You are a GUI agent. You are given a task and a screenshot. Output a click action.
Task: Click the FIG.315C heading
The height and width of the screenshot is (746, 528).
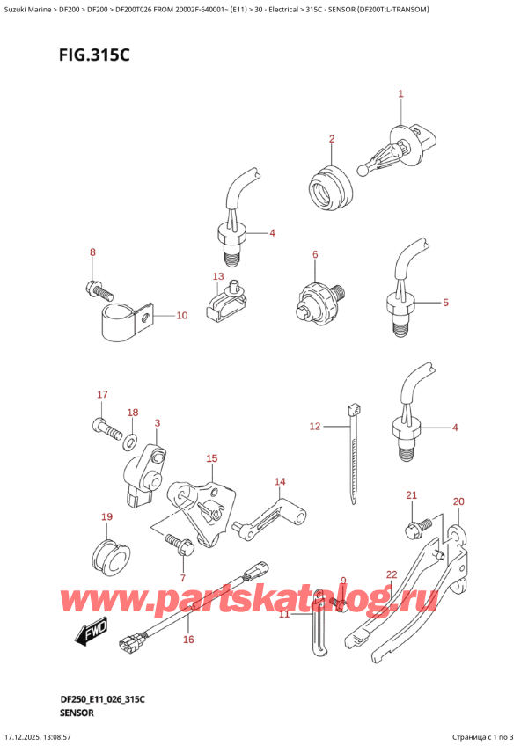94,55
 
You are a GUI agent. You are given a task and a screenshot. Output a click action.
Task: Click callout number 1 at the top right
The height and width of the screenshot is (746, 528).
400,94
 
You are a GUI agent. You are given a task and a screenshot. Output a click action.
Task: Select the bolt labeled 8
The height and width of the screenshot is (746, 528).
99,289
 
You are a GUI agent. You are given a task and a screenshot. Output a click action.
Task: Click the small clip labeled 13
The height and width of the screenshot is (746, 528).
227,301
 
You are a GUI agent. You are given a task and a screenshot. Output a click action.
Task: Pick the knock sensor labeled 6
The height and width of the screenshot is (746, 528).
319,299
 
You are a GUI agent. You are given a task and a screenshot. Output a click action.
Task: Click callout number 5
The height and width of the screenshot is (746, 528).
445,302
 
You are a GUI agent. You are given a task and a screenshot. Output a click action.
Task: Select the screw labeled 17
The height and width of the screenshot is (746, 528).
106,428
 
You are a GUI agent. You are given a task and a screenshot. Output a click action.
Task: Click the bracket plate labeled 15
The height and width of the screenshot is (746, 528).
202,514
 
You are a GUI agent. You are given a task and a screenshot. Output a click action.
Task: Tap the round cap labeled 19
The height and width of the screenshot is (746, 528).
110,557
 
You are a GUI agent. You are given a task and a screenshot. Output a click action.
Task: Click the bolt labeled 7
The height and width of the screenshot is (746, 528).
180,545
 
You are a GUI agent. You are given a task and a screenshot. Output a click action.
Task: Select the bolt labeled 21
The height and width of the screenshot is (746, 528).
418,529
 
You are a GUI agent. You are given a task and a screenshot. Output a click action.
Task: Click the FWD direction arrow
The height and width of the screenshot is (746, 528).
92,632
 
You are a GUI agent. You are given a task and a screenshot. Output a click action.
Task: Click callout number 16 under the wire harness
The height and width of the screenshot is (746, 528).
188,640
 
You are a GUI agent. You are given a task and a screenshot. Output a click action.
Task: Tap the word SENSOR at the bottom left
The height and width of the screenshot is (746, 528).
77,713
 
